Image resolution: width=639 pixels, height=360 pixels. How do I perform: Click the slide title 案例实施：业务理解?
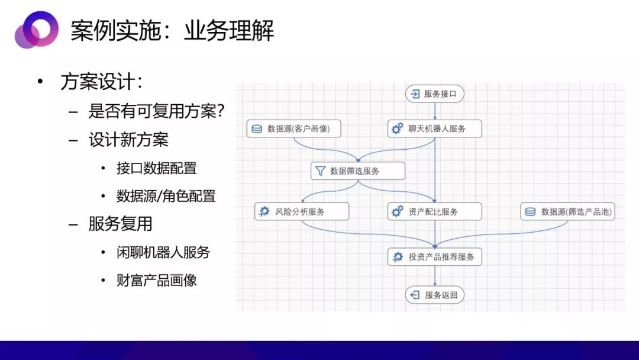[x=172, y=31]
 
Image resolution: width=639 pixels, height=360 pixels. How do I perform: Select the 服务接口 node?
[x=435, y=94]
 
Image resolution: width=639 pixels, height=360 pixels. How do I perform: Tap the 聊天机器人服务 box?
[x=434, y=129]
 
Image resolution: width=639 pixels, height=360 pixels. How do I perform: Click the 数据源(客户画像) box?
[x=294, y=129]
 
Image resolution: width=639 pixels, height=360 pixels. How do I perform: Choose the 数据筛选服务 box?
[x=358, y=171]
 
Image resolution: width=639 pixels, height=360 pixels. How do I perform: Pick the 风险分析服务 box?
[x=302, y=211]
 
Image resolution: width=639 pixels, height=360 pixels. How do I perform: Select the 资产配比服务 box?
[x=434, y=211]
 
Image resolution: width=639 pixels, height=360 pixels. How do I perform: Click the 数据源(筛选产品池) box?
[x=567, y=211]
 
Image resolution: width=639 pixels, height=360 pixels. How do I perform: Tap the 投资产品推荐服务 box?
[x=434, y=257]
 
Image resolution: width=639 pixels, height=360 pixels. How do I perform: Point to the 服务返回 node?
[x=435, y=295]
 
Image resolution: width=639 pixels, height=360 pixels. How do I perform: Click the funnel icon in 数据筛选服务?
[x=321, y=171]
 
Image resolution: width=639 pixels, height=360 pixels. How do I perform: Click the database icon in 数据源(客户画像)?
[x=257, y=129]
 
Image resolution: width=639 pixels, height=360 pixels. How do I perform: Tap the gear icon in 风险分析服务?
[x=264, y=211]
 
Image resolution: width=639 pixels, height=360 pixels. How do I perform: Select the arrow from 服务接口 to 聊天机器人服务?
[x=435, y=111]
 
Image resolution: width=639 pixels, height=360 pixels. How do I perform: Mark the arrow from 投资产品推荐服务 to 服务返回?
[x=435, y=276]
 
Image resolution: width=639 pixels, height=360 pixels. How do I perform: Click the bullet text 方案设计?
[x=102, y=82]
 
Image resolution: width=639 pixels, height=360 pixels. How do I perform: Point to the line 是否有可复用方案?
[x=156, y=111]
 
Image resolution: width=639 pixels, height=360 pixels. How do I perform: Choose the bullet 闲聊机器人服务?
[x=163, y=252]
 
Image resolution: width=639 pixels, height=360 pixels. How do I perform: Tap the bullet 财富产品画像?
[x=156, y=281]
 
